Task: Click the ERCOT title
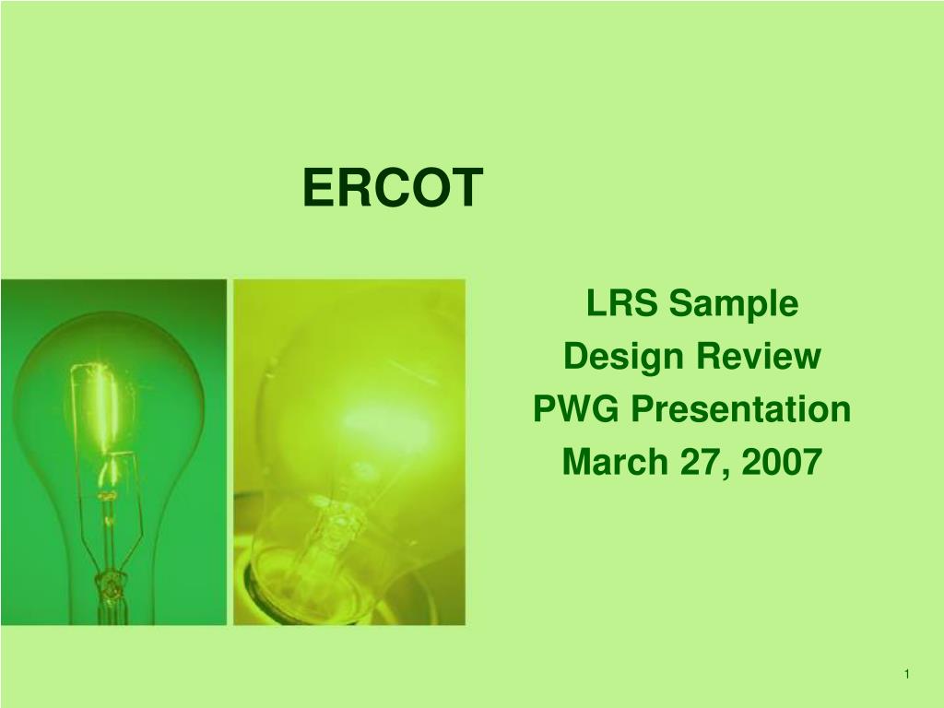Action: pos(393,187)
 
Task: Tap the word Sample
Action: pos(733,304)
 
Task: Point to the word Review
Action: pos(759,356)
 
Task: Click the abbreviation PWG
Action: pos(576,408)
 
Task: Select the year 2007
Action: pos(782,462)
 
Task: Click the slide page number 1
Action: pos(907,674)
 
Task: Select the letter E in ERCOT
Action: pos(315,187)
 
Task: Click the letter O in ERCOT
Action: pos(426,187)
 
